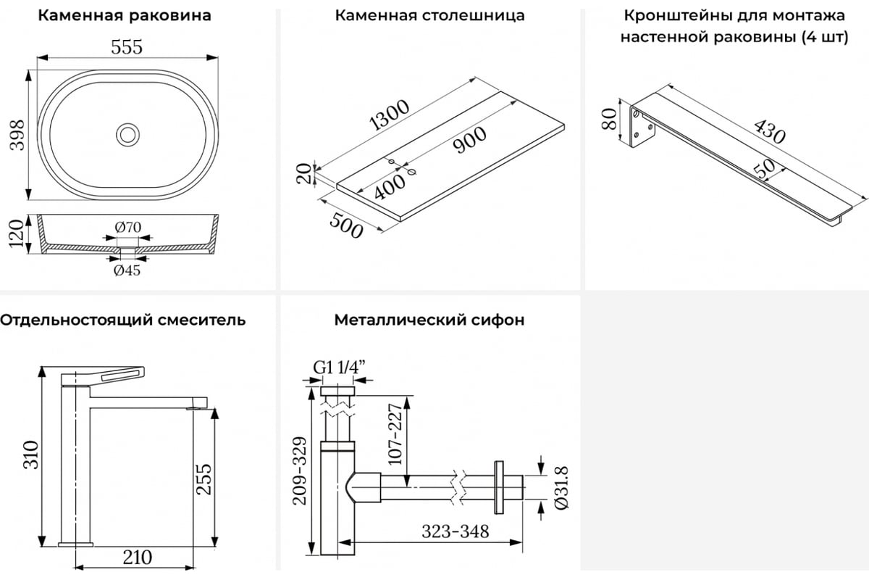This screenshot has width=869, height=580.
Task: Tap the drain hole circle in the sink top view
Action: tap(127, 134)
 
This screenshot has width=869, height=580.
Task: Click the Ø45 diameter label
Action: tap(127, 270)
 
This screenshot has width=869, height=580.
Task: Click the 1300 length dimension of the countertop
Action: tap(389, 115)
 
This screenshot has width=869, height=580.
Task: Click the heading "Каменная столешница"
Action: tap(429, 15)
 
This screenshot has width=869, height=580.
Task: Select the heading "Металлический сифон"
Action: tap(429, 320)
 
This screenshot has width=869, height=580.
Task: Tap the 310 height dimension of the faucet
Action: tap(29, 455)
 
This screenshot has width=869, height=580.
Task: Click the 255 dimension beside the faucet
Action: tap(206, 480)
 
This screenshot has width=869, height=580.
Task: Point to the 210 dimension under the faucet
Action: tap(137, 558)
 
